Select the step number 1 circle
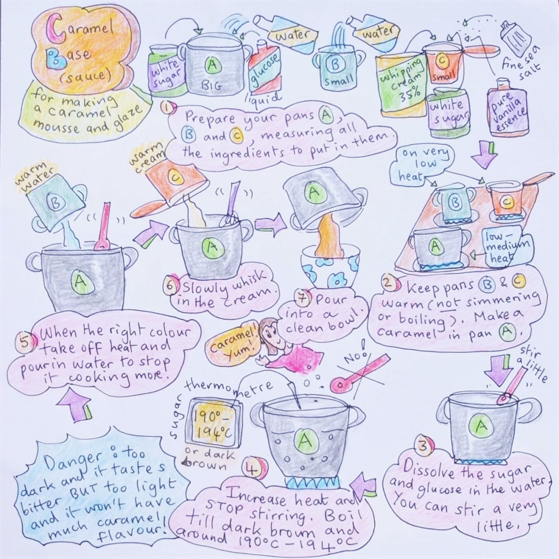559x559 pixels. pos(167,108)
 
